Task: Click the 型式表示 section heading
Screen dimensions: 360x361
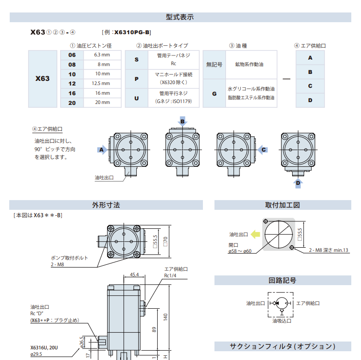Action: tap(180, 17)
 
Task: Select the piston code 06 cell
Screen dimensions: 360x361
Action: tap(72, 55)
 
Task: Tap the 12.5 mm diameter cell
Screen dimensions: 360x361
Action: tap(101, 84)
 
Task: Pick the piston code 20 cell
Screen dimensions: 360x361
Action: tap(72, 103)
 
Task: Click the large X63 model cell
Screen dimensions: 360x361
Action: tap(43, 79)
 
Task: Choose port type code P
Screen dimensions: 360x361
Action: tap(136, 79)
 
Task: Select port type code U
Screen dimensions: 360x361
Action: tap(136, 98)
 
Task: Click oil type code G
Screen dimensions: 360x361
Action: tap(214, 93)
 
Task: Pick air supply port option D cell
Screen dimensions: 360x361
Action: tap(310, 100)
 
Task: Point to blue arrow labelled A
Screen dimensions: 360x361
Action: tap(102, 150)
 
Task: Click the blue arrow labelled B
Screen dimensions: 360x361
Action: tap(183, 122)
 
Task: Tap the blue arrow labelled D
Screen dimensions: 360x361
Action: tap(298, 183)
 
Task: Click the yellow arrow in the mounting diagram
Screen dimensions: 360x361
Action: tap(256, 234)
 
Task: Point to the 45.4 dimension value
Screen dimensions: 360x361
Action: tap(134, 275)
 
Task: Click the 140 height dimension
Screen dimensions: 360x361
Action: tap(165, 316)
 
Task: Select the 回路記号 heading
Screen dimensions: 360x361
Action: tap(282, 280)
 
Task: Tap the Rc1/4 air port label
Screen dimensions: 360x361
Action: tap(171, 275)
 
